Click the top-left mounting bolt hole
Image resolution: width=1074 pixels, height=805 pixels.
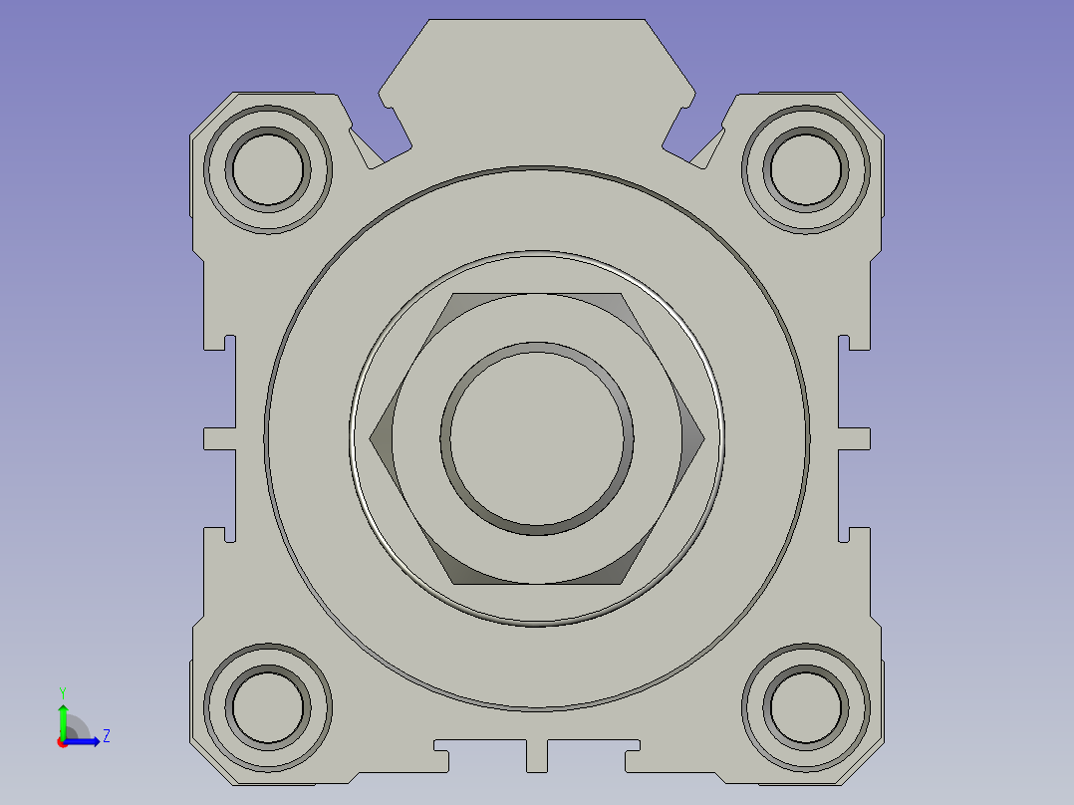(x=267, y=166)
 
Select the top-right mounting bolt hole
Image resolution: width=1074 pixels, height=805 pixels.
(x=806, y=166)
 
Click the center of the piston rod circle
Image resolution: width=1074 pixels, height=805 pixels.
(x=537, y=437)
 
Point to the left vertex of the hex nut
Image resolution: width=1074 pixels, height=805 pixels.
(x=372, y=437)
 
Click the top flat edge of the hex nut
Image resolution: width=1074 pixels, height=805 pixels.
(x=537, y=294)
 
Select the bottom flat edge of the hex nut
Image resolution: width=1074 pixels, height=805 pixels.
(x=537, y=583)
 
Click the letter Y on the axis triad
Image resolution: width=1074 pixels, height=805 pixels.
(x=62, y=690)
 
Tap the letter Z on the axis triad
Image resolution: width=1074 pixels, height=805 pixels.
(x=106, y=736)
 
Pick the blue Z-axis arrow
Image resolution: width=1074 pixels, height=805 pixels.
(x=86, y=740)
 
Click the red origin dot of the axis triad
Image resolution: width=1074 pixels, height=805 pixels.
(x=62, y=741)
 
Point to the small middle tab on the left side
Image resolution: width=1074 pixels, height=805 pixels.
(x=218, y=438)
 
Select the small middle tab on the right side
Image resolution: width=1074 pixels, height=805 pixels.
(x=855, y=438)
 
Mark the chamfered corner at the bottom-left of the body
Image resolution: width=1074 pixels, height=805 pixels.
(x=210, y=763)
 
